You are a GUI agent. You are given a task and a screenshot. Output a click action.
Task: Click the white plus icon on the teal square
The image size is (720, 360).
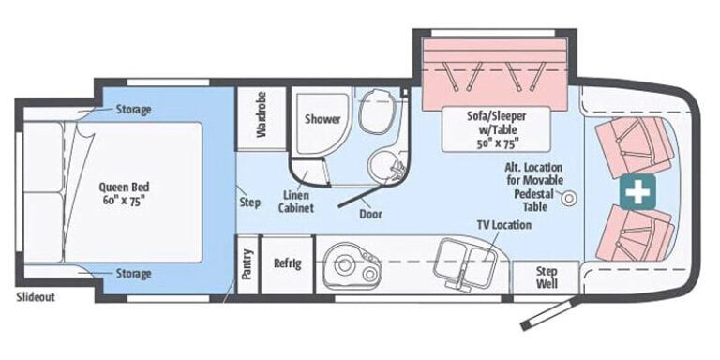point(637,192)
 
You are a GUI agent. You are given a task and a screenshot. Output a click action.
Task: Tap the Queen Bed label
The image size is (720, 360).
point(124,193)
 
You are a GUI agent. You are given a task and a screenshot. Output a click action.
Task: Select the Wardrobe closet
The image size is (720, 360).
point(262,118)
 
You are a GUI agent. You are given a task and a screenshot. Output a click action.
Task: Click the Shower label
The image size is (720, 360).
point(322,119)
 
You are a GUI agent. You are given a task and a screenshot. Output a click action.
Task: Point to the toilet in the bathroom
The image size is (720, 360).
point(375,112)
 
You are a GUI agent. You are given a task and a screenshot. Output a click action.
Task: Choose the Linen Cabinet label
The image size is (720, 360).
point(295,202)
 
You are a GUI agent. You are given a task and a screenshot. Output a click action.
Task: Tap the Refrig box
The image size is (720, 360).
point(288,264)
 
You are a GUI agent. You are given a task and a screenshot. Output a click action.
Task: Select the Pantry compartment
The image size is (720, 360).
point(247,264)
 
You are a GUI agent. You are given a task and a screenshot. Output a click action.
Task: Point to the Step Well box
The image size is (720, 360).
point(546,277)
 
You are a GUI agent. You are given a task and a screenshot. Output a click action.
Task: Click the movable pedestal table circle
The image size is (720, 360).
point(569,198)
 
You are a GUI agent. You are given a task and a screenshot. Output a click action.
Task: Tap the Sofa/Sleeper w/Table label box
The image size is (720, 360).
point(496,129)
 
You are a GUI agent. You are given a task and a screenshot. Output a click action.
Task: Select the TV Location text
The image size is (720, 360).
point(503,225)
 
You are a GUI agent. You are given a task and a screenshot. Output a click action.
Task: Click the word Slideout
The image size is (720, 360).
point(36,296)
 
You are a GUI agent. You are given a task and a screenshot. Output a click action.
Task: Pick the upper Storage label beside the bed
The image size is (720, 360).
point(133,110)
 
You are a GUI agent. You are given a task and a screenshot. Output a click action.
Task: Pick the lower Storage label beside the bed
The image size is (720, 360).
point(133,274)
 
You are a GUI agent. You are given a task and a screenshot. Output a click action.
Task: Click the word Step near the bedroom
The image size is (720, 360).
point(249,202)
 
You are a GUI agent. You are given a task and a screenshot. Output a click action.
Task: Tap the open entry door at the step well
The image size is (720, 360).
point(548,314)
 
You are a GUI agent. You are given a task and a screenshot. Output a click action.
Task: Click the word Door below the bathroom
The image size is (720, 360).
point(371,214)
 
